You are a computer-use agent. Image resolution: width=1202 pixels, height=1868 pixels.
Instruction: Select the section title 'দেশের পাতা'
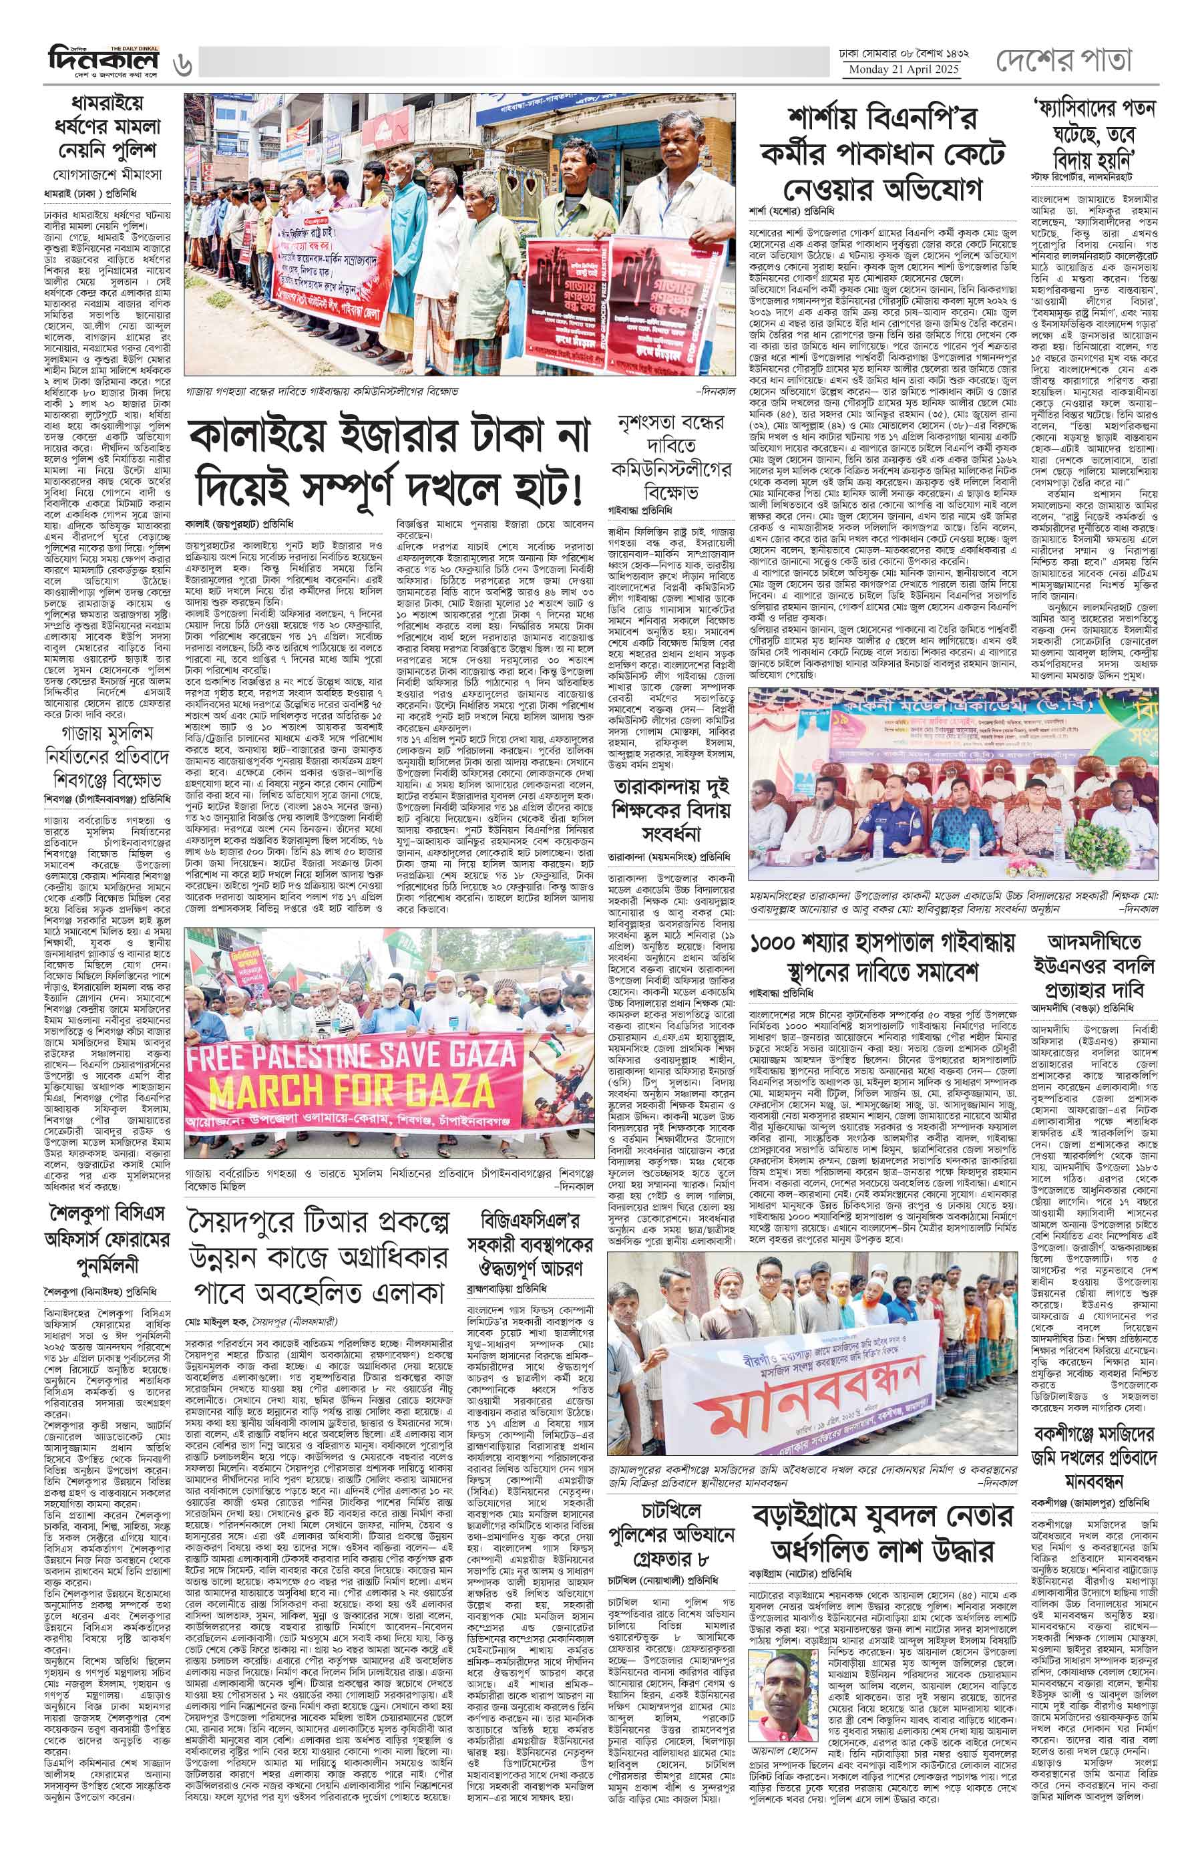click(x=1064, y=60)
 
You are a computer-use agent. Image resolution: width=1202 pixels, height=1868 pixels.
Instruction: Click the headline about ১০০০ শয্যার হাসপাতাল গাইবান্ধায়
click(x=884, y=958)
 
